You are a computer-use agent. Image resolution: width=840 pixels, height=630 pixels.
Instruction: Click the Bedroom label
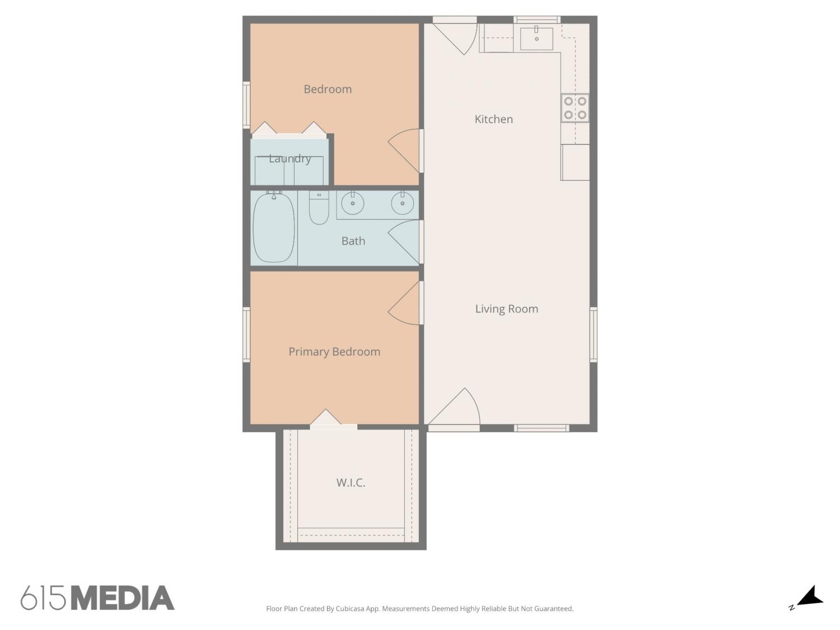coord(328,89)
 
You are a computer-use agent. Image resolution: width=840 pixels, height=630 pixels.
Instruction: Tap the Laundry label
coord(290,158)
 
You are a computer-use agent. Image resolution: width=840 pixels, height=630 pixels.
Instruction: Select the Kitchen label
coord(494,119)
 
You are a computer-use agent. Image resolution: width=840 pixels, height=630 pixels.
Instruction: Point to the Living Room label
coord(507,309)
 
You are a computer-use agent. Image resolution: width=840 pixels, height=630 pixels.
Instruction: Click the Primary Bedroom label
coord(334,352)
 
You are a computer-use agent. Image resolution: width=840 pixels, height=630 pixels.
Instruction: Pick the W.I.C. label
coord(351,483)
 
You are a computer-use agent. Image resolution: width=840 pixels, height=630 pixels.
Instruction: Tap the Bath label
coord(353,241)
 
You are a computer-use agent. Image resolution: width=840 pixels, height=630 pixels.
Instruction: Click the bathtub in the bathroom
coord(274,227)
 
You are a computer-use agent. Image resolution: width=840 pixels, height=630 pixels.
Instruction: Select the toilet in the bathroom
coord(319,207)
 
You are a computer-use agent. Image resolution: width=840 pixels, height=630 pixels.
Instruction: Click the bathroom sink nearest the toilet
coord(352,203)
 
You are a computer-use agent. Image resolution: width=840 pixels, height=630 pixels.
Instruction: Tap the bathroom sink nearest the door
coord(402,203)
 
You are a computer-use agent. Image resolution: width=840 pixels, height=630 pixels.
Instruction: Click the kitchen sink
coord(536,38)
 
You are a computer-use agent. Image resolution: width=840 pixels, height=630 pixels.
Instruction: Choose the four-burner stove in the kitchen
coord(575,108)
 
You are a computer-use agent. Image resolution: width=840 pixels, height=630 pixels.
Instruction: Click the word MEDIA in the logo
coord(123,598)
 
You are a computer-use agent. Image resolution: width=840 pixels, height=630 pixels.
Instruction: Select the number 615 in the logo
coord(43,598)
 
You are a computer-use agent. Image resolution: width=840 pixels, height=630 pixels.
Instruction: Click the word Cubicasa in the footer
coord(350,609)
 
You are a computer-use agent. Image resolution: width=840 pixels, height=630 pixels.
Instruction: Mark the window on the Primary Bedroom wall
coord(246,335)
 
